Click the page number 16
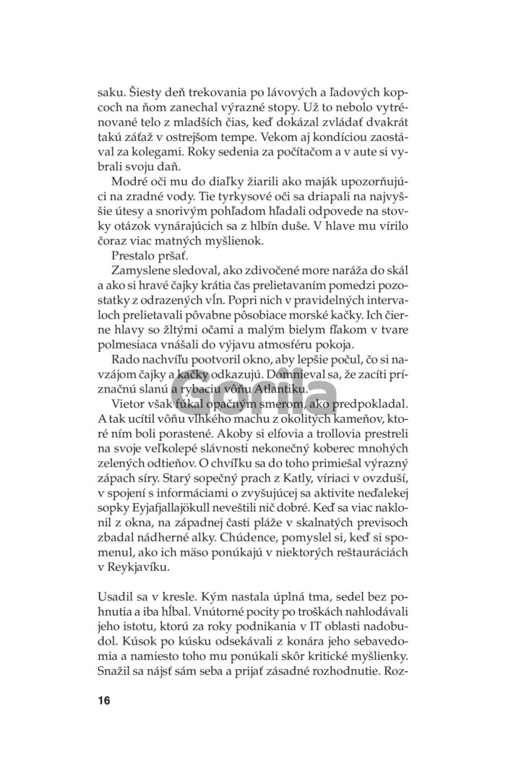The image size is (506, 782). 103,700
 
